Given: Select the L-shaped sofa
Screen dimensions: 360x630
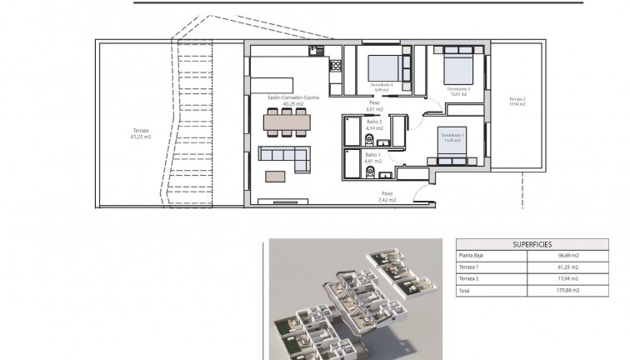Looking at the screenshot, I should (x=283, y=154).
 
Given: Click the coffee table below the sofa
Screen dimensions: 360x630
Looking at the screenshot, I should (x=275, y=174).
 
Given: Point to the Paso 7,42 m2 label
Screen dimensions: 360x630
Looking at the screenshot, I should (x=386, y=197).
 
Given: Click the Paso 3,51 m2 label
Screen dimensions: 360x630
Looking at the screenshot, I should (x=375, y=106).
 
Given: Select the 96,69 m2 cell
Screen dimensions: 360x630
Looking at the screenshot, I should (x=569, y=256).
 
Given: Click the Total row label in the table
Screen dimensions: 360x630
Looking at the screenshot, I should (x=464, y=291).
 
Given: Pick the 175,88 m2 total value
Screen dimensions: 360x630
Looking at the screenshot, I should (x=569, y=291).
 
